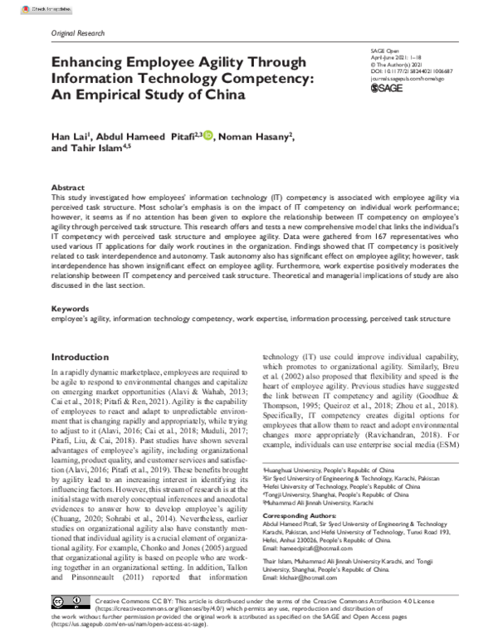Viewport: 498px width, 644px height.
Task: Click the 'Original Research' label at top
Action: click(78, 33)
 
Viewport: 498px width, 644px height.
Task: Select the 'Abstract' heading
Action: click(68, 188)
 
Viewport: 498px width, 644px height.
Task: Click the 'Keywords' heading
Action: click(71, 308)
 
